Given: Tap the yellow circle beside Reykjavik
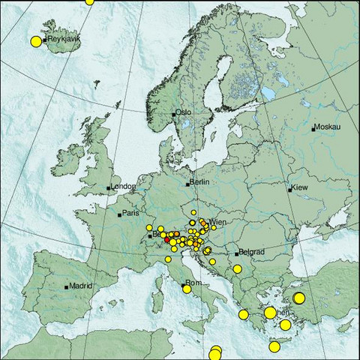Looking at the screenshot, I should click(35, 41).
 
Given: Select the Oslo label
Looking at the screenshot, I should click(184, 112).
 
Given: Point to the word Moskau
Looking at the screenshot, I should click(328, 127).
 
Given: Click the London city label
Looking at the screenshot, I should click(123, 187).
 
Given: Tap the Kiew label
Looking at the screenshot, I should click(300, 187).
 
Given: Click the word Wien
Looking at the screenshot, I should click(219, 223).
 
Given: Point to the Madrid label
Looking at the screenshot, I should click(81, 286).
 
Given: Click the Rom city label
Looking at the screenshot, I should click(194, 283).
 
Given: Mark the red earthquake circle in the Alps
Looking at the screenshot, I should click(167, 238).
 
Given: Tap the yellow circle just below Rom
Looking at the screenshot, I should click(187, 289).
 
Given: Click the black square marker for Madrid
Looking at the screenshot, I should click(67, 286).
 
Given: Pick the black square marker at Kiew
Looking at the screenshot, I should click(290, 190).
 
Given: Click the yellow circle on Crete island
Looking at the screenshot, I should click(274, 346).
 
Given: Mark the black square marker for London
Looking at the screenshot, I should click(109, 187).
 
